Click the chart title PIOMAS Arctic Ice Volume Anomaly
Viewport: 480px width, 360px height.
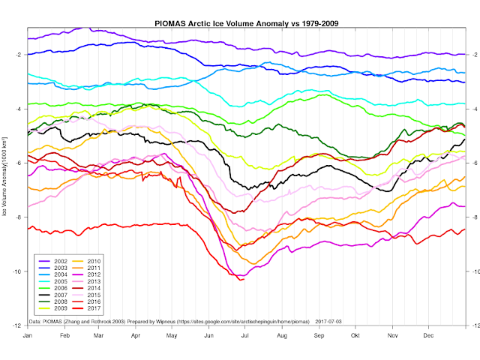[x=247, y=23]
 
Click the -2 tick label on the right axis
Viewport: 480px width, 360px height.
[x=473, y=55]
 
